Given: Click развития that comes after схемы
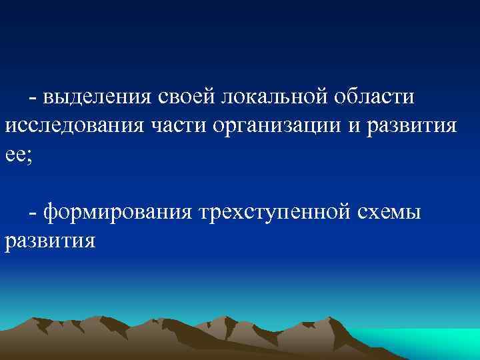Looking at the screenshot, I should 50,241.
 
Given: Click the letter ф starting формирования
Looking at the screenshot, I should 51,213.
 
